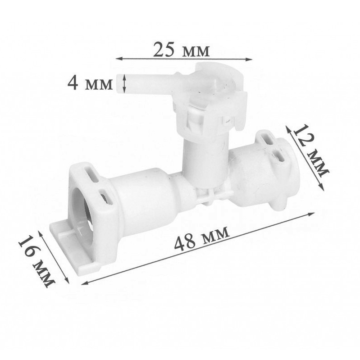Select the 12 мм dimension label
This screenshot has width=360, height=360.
[311, 150]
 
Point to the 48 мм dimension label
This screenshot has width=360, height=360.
[201, 238]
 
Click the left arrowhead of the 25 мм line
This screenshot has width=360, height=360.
[118, 59]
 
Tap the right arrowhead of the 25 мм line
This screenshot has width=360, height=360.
[249, 59]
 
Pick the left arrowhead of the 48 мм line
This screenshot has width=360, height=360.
[85, 283]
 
